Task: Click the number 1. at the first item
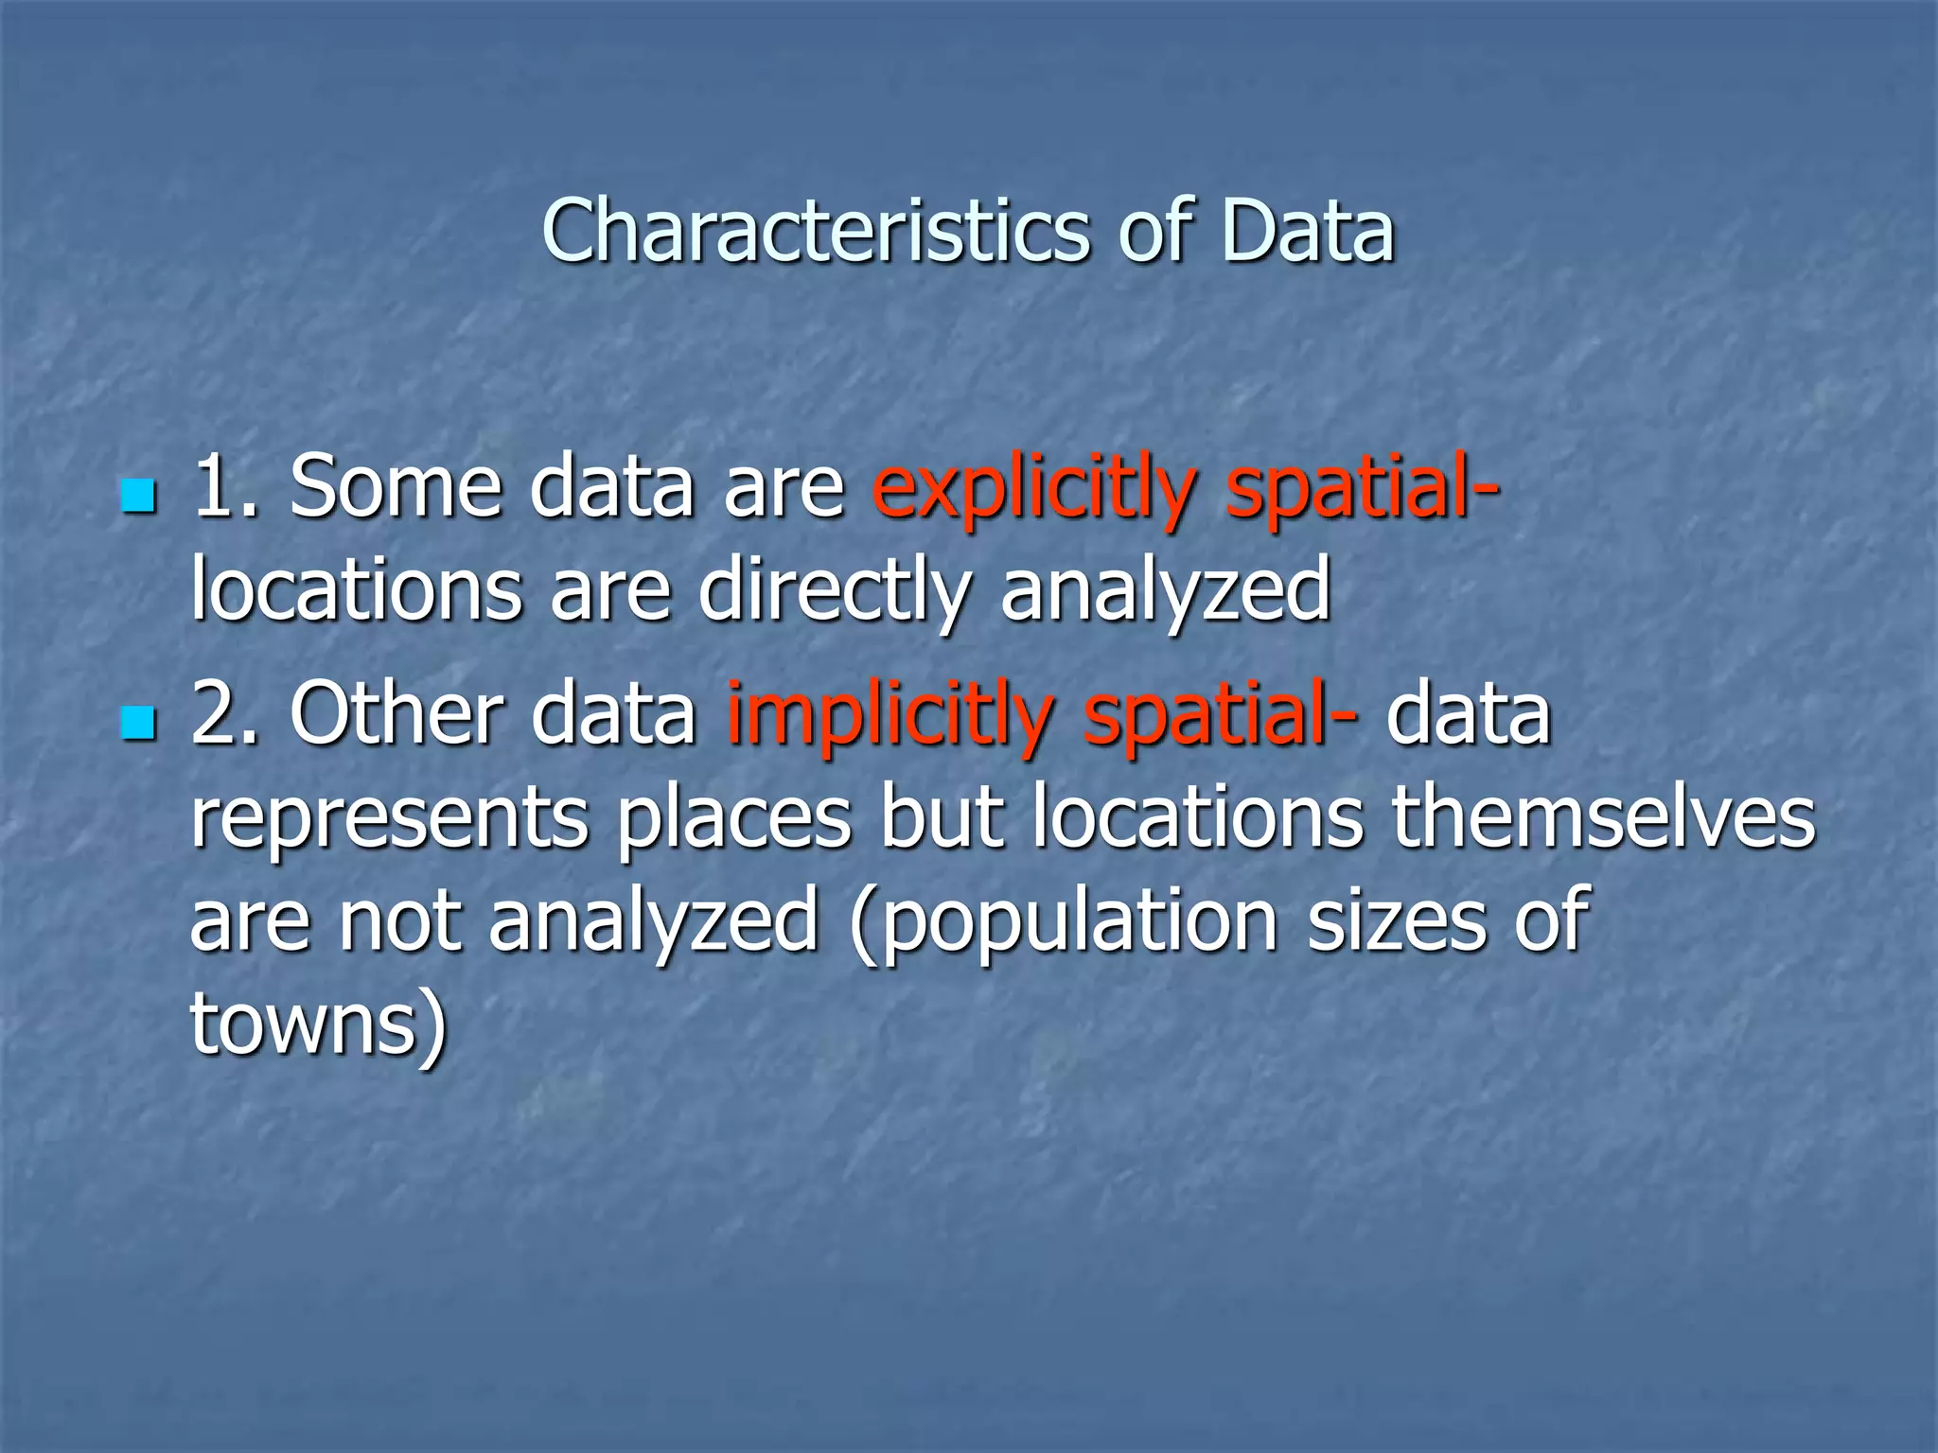225,486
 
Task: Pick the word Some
395,486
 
